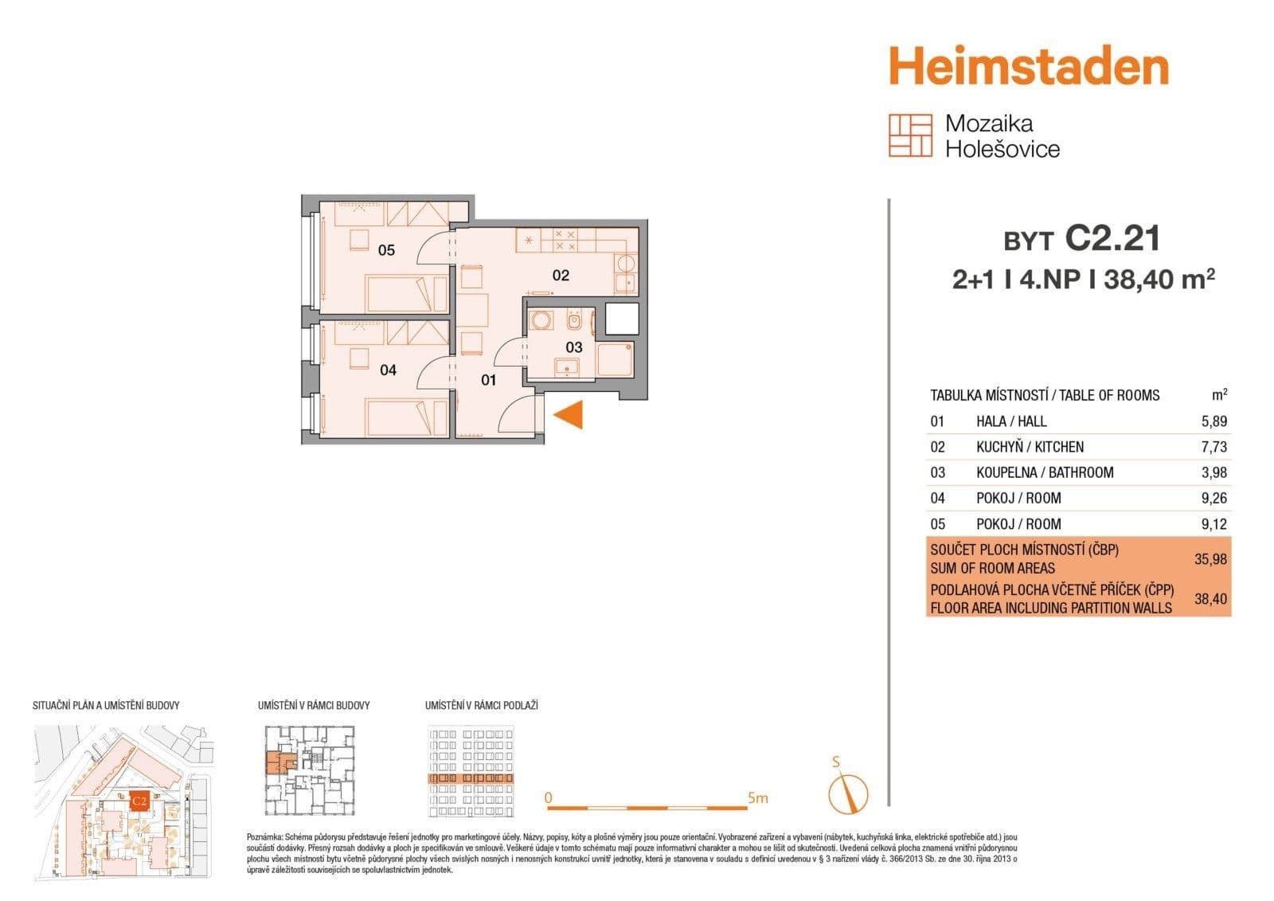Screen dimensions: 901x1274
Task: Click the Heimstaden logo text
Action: pos(1028,67)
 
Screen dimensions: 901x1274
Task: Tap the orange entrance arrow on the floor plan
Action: pos(570,414)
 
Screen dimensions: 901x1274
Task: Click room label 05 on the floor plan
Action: pos(386,250)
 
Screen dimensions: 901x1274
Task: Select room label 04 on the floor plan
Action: pos(388,370)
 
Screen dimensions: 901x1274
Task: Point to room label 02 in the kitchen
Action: pos(561,276)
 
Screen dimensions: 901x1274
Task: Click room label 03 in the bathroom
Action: pos(574,347)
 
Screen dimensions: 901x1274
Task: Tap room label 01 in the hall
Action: pos(488,380)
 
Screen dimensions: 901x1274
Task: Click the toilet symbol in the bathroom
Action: pos(573,322)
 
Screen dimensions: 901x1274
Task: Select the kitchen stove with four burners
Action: pos(565,238)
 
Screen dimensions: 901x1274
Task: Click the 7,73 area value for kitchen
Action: pos(1213,447)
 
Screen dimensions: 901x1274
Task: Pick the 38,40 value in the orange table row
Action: pos(1210,598)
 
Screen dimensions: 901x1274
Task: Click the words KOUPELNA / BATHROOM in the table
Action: pos(1045,472)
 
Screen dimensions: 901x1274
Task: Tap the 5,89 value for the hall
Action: pos(1213,421)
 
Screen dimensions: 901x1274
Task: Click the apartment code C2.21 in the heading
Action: pos(1112,238)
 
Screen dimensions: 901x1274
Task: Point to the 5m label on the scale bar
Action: pos(758,797)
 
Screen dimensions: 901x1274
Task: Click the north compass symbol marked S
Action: pos(847,790)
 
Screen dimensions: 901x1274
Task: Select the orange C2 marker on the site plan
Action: pos(139,801)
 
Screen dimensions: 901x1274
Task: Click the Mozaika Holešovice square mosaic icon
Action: pos(910,135)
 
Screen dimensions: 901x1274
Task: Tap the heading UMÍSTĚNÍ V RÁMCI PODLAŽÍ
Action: pos(481,705)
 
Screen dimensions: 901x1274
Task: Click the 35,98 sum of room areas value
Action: pos(1210,559)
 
